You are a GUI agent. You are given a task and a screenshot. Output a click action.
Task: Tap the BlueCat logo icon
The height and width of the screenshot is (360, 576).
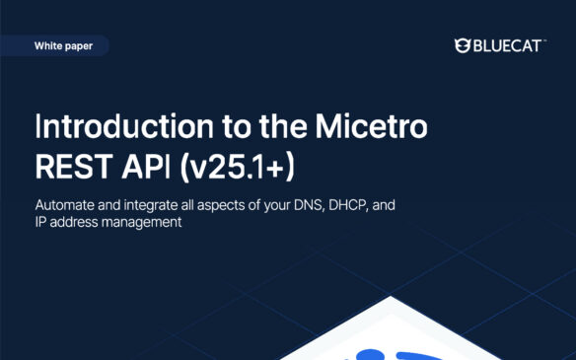point(462,45)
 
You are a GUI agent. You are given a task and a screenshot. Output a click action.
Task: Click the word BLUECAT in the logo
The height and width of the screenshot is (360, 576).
point(507,45)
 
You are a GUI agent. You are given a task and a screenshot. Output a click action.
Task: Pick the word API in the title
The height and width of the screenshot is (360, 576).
point(149,165)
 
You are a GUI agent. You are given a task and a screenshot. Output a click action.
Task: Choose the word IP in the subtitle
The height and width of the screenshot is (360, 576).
point(40,223)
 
